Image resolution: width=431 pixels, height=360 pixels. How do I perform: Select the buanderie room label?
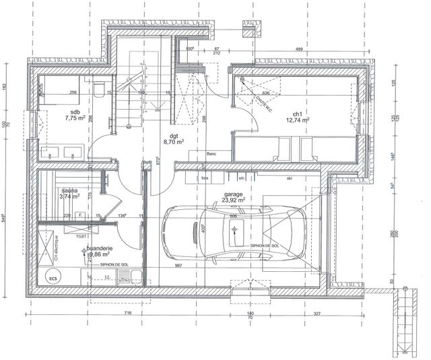94,248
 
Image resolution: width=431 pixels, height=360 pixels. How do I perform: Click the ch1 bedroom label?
296,113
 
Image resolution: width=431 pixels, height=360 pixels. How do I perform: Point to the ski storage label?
290,178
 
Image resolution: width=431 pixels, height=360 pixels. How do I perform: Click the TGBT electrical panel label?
81,236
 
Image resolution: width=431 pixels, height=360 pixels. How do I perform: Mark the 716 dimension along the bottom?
127,314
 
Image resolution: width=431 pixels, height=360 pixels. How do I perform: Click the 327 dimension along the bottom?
314,314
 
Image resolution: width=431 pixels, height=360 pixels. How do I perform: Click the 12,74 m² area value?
297,120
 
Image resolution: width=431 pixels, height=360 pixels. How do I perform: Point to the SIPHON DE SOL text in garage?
265,246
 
